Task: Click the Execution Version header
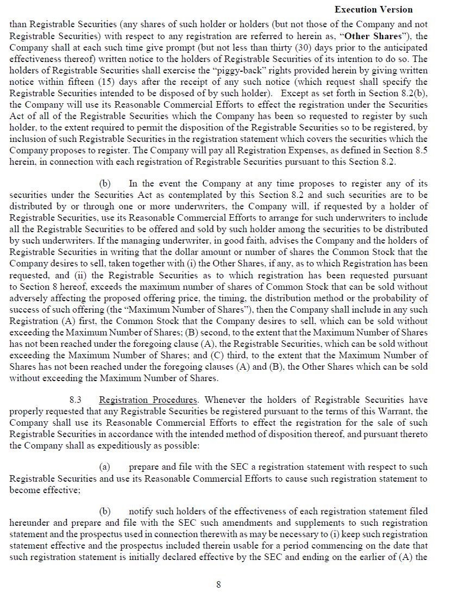(x=373, y=9)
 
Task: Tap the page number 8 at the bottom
(x=218, y=584)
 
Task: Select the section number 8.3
(x=77, y=400)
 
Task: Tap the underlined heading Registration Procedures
(x=148, y=400)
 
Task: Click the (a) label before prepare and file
(x=105, y=466)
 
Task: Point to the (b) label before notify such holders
(x=105, y=511)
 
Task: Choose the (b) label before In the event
(x=105, y=183)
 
